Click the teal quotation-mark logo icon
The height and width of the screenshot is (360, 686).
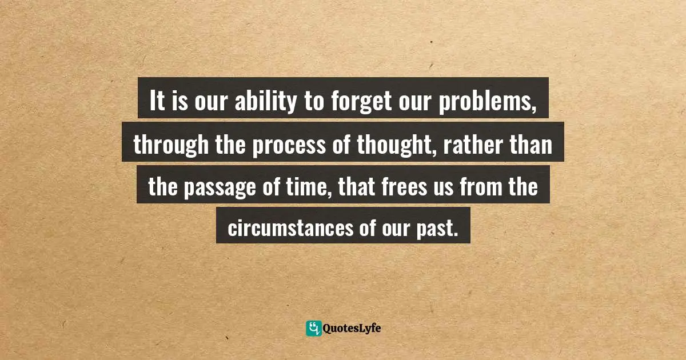pyautogui.click(x=313, y=328)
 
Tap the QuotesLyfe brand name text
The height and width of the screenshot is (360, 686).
pyautogui.click(x=352, y=328)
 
